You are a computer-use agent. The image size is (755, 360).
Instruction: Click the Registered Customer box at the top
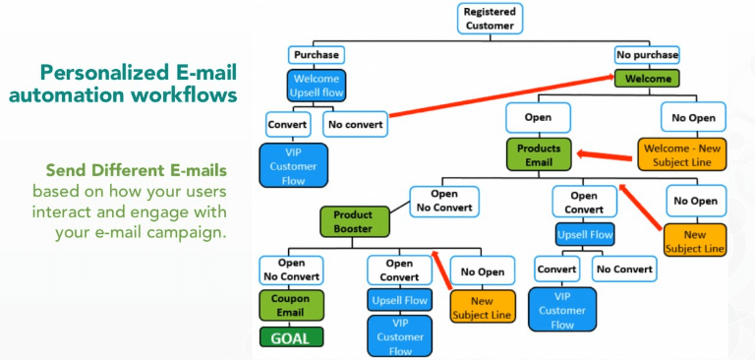490,18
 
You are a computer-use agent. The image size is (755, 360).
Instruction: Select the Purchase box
316,55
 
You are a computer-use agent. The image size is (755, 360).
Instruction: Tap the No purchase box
647,55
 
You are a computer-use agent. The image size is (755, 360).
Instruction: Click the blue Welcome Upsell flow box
317,87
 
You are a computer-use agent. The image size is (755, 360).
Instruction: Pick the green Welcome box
647,79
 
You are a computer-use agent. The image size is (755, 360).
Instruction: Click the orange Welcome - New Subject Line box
682,153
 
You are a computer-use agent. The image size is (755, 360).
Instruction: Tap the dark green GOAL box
290,337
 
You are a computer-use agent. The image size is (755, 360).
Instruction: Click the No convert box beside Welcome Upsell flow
355,125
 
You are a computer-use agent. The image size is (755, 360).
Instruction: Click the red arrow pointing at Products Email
606,154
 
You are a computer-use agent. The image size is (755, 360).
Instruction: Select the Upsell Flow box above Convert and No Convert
584,236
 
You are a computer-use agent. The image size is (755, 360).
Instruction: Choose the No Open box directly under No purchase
694,117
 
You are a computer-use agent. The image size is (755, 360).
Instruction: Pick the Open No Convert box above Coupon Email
290,270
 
